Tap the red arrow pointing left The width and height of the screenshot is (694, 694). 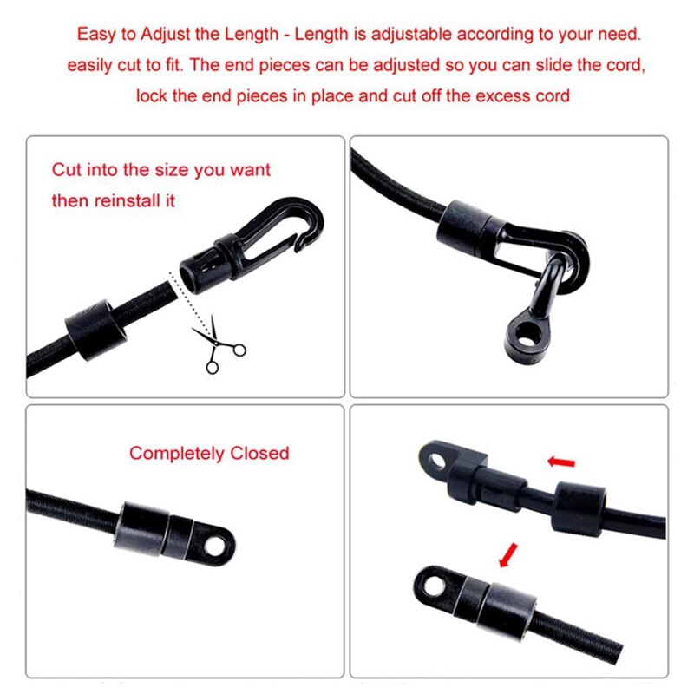coord(561,462)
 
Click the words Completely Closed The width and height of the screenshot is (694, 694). coord(209,453)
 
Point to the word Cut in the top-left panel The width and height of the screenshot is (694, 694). coord(67,169)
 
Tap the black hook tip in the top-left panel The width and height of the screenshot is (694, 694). coord(301,246)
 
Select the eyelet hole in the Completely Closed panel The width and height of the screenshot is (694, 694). coord(220,547)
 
